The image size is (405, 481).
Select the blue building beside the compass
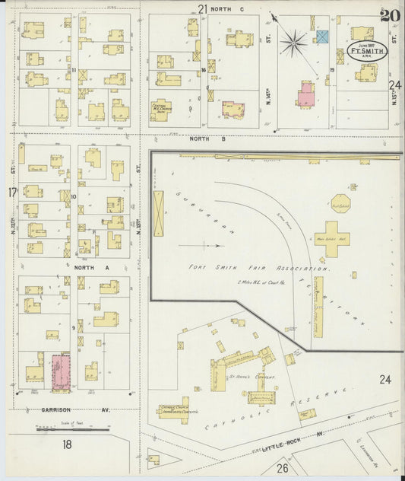click(x=322, y=37)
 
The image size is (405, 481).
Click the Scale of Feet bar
click(x=72, y=430)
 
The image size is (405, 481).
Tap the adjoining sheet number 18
click(x=67, y=444)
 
